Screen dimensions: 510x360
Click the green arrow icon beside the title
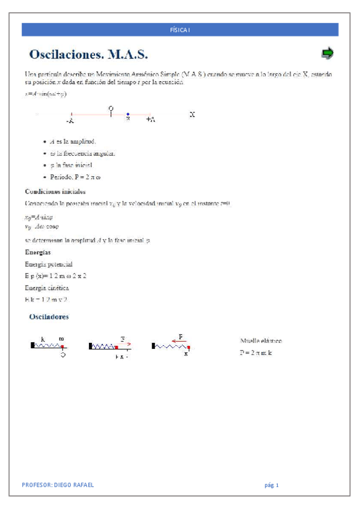coord(327,54)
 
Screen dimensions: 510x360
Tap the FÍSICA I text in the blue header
coord(180,30)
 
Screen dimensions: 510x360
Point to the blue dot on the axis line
coord(128,114)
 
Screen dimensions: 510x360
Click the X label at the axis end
coord(192,114)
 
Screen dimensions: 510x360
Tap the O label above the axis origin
coord(111,108)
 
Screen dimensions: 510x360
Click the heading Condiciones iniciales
coord(55,191)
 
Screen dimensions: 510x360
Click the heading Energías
coord(38,252)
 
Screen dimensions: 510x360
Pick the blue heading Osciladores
coord(49,316)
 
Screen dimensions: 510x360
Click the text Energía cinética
coord(47,287)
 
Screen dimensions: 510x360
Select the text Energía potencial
coord(49,264)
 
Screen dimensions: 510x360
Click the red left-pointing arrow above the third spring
coord(178,340)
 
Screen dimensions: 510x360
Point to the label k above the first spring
coord(43,339)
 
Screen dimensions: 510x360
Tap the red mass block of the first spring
coord(62,347)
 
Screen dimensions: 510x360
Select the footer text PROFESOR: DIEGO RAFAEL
coord(58,485)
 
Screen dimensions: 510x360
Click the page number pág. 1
coord(272,485)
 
